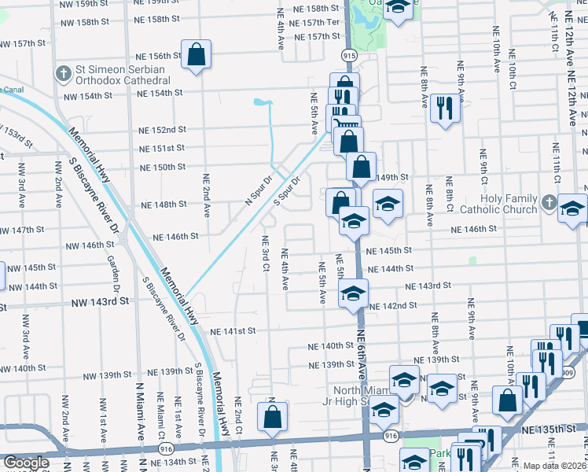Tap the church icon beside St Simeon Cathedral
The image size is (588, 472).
pos(63,74)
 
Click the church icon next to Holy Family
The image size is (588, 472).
pos(549,204)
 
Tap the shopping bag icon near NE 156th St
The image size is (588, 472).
pos(197,56)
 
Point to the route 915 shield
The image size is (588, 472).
pos(347,56)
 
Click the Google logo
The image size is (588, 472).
pos(26,463)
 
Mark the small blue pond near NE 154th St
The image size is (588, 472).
pos(262,102)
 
